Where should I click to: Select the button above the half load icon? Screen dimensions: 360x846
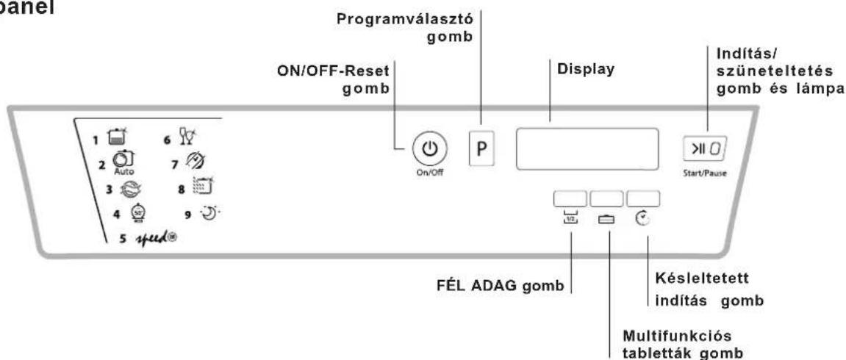[x=570, y=198]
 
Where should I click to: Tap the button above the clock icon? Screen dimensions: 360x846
[x=642, y=198]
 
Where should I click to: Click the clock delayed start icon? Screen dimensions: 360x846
[x=642, y=219]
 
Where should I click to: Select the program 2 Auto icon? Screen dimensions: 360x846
[x=118, y=162]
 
